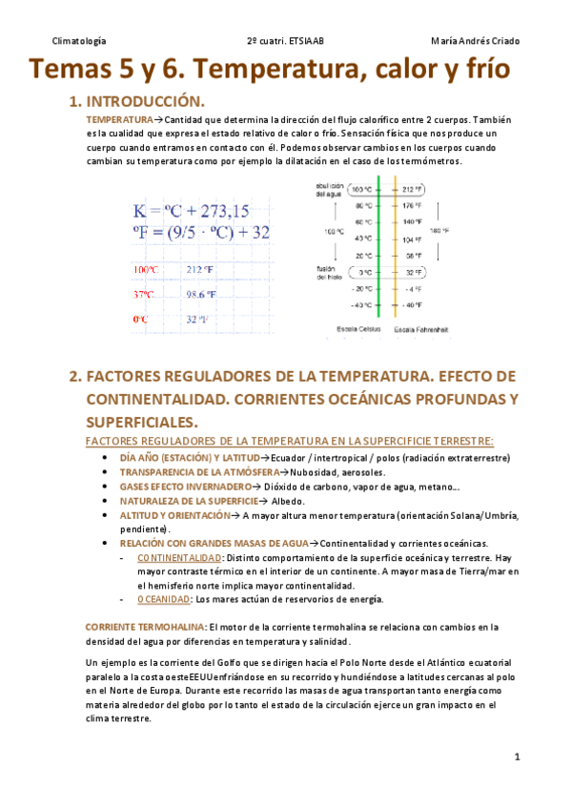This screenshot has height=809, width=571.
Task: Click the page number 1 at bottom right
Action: [516, 757]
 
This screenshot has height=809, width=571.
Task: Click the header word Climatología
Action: [80, 41]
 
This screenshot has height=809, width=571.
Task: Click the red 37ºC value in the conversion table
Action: [144, 294]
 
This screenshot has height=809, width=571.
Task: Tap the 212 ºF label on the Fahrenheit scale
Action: [412, 188]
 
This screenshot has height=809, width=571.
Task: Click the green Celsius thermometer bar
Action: [379, 248]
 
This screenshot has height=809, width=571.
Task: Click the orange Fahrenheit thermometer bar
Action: [394, 248]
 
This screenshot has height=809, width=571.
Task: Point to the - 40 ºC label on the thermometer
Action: [359, 305]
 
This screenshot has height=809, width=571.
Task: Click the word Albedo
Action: [287, 501]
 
